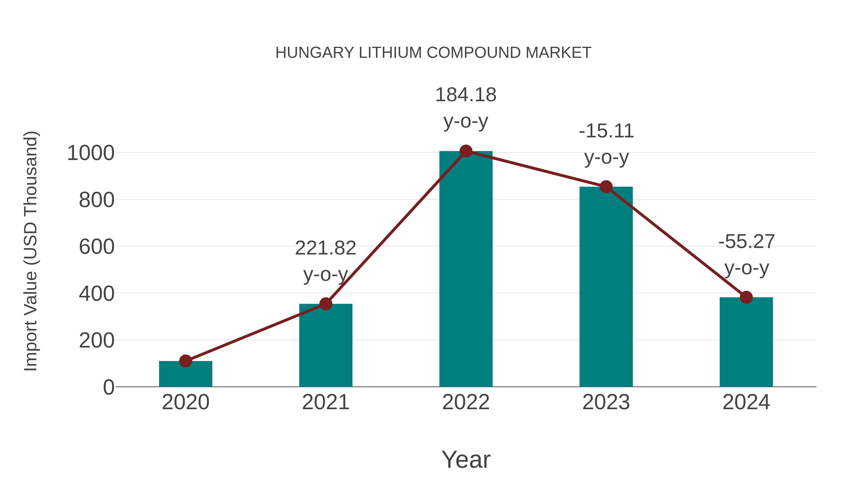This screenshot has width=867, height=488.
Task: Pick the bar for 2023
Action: [x=606, y=287]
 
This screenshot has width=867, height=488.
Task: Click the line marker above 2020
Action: [x=185, y=361]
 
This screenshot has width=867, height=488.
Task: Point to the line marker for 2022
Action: [x=466, y=151]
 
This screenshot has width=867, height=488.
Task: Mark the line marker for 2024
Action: [x=746, y=297]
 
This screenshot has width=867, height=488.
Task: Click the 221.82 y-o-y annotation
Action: [x=325, y=261]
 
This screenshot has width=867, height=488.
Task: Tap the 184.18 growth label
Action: [x=466, y=108]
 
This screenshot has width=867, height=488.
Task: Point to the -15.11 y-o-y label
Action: [x=606, y=144]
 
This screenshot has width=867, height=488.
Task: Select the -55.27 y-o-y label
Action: [x=747, y=255]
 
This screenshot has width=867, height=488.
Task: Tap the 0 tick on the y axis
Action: [x=108, y=387]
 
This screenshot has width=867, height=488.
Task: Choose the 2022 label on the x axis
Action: [x=466, y=402]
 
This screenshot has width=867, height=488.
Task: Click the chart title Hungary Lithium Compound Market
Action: [x=433, y=53]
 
